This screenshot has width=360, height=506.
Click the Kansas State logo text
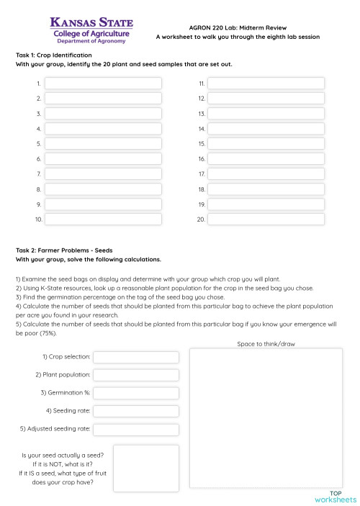tap(90, 24)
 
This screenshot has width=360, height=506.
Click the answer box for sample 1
tap(103, 83)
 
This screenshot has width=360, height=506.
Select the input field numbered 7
tap(103, 174)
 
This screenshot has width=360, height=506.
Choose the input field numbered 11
tap(266, 83)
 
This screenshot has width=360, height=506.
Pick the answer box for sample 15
tap(266, 144)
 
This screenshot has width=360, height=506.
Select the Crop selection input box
tap(136, 357)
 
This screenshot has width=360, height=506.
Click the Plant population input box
tap(136, 375)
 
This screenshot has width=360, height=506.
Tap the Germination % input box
tap(136, 393)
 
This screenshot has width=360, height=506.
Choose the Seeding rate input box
tap(136, 411)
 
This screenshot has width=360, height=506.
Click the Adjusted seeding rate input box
tap(136, 429)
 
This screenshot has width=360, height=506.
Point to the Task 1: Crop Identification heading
tap(54, 55)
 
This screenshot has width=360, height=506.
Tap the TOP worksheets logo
tap(336, 496)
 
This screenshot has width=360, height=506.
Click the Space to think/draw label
tap(266, 344)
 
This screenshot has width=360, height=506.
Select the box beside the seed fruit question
tap(145, 468)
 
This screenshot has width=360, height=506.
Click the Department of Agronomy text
tap(91, 41)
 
